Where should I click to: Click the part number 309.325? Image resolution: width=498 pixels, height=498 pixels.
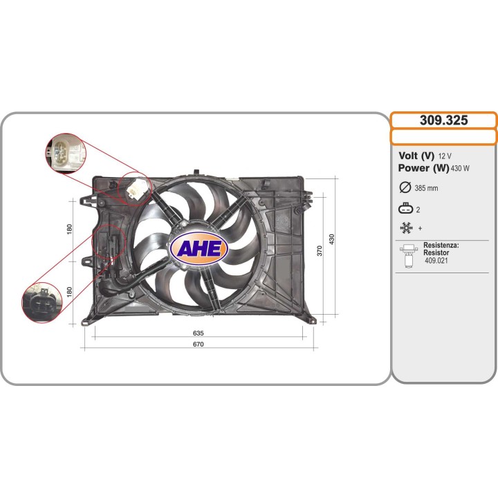(443, 120)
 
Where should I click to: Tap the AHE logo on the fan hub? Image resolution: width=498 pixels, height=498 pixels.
(198, 249)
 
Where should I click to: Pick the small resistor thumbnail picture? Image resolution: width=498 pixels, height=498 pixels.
(408, 255)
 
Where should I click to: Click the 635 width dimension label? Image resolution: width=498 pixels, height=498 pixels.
(199, 333)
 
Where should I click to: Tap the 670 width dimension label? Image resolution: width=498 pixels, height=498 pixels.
(199, 344)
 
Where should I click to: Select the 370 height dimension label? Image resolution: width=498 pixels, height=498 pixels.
(320, 250)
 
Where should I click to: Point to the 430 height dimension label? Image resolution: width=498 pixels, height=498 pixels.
(332, 239)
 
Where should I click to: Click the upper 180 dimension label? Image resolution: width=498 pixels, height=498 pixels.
(69, 229)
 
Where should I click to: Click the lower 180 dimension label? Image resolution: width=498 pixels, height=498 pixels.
(69, 292)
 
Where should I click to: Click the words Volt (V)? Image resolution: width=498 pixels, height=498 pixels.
(416, 156)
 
